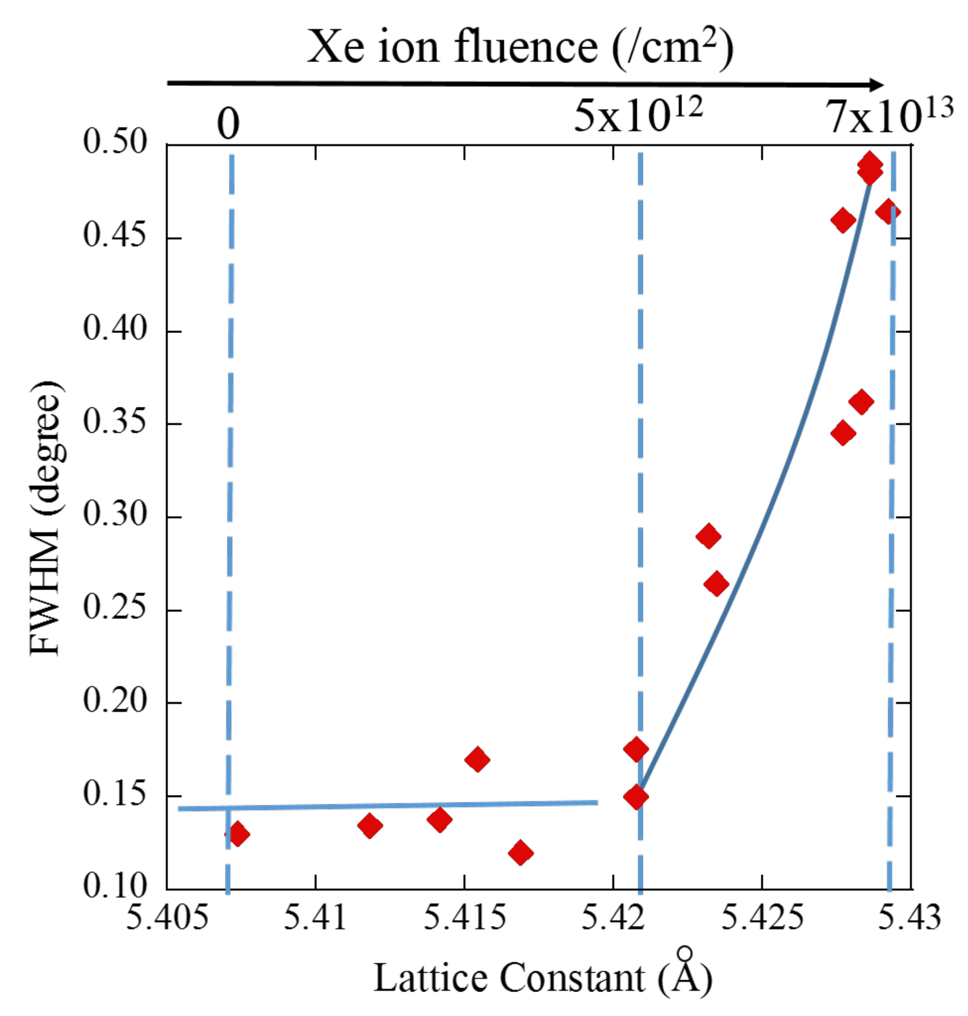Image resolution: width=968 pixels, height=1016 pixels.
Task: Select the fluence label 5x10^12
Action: (x=638, y=116)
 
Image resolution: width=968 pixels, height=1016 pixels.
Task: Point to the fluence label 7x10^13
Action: (x=889, y=116)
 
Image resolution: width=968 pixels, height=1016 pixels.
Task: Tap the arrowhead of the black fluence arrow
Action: (x=876, y=85)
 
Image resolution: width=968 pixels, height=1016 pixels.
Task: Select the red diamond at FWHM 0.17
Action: (x=477, y=759)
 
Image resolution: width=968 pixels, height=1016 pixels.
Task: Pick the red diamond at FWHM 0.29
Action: (x=709, y=536)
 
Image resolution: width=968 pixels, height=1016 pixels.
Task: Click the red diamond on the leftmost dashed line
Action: (x=237, y=833)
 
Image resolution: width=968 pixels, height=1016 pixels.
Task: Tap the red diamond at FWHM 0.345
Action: (x=843, y=433)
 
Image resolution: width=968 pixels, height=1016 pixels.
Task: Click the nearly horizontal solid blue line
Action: (x=387, y=806)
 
